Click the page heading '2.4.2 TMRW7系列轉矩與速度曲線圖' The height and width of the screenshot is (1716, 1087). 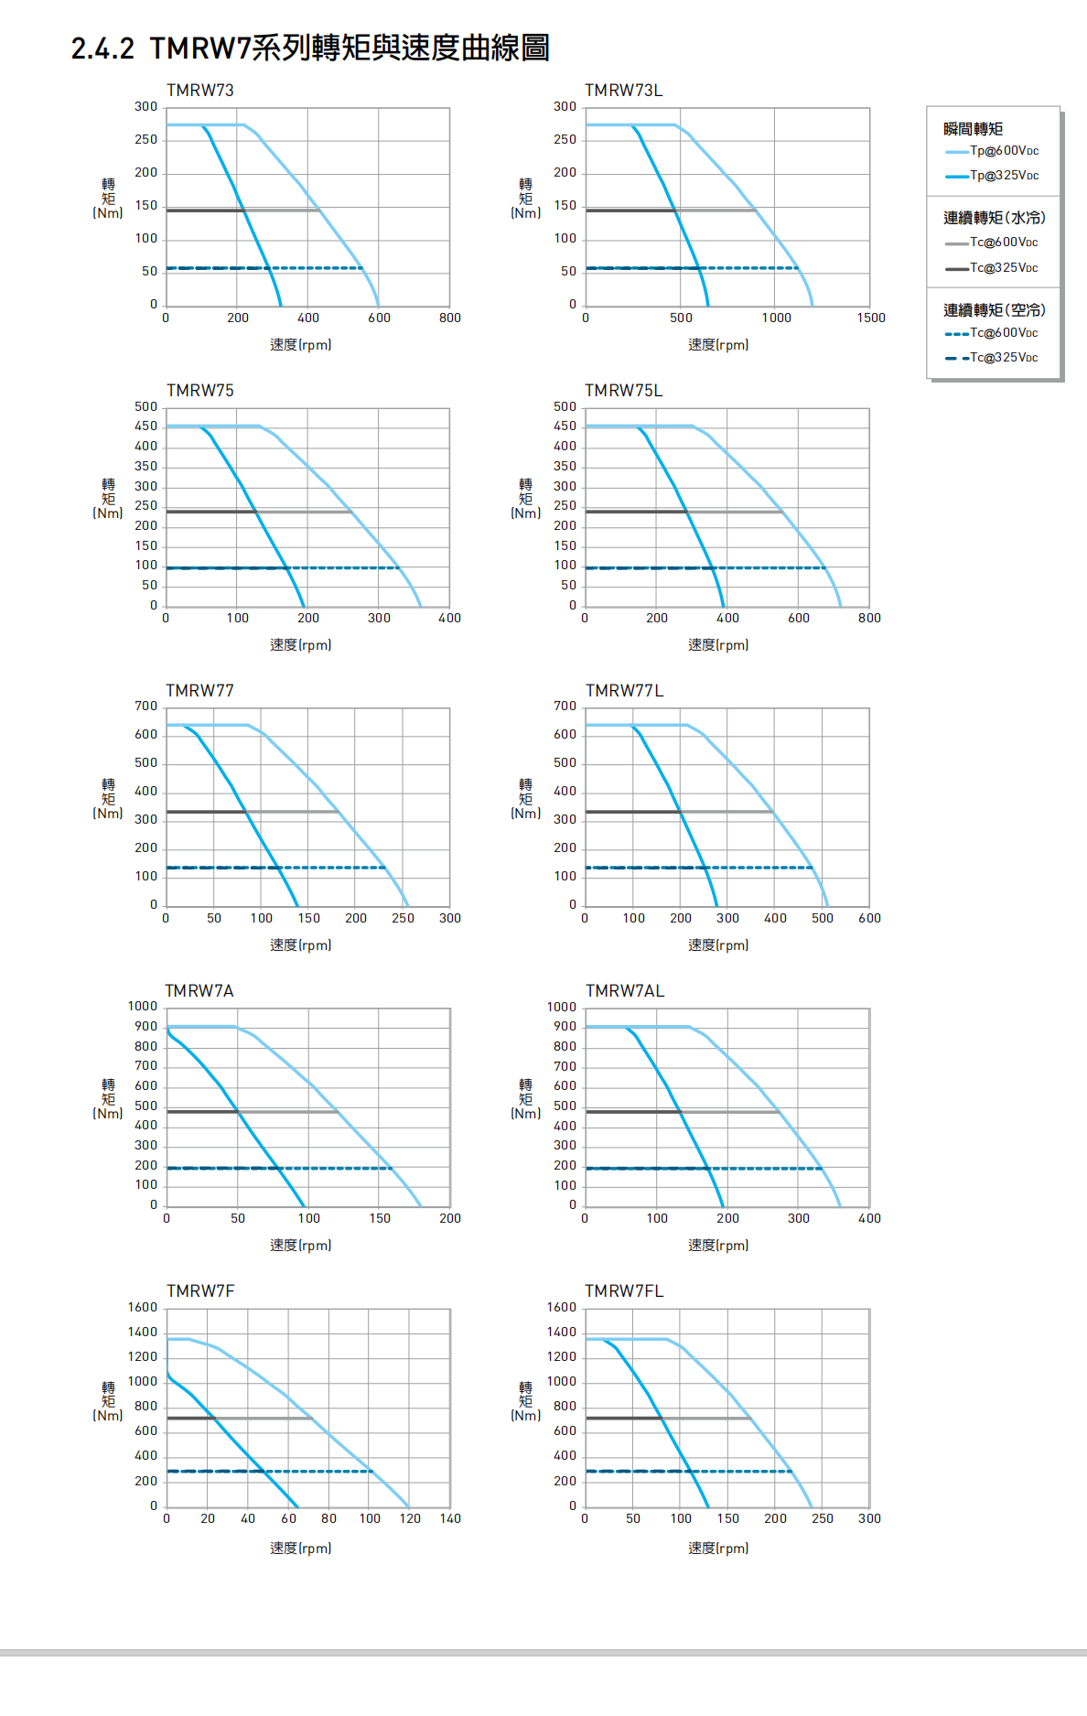pyautogui.click(x=309, y=49)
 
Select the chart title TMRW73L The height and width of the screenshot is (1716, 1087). pyautogui.click(x=623, y=91)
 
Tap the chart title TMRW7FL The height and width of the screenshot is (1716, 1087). pyautogui.click(x=624, y=1291)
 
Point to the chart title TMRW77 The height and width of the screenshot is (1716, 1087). pyautogui.click(x=199, y=691)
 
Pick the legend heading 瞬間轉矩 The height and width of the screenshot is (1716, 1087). pyautogui.click(x=973, y=129)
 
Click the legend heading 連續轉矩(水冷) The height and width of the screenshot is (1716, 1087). pyautogui.click(x=994, y=218)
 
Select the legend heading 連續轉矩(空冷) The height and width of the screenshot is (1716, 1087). pyautogui.click(x=994, y=310)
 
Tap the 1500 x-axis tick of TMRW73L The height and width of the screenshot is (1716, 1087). pyautogui.click(x=871, y=318)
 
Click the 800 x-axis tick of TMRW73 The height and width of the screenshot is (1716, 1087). pyautogui.click(x=449, y=318)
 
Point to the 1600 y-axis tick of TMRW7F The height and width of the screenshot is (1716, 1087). pyautogui.click(x=143, y=1308)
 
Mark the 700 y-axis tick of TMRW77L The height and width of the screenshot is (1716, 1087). pyautogui.click(x=565, y=707)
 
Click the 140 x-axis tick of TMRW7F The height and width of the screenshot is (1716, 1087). pyautogui.click(x=450, y=1519)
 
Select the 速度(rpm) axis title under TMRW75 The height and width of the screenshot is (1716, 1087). pyautogui.click(x=300, y=645)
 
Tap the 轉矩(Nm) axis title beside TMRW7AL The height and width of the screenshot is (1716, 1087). pyautogui.click(x=526, y=1098)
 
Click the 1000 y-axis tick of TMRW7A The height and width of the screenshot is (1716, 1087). pyautogui.click(x=143, y=1007)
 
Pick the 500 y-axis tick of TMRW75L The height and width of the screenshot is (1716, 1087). pyautogui.click(x=565, y=407)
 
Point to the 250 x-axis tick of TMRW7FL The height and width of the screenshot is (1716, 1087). pyautogui.click(x=823, y=1519)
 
